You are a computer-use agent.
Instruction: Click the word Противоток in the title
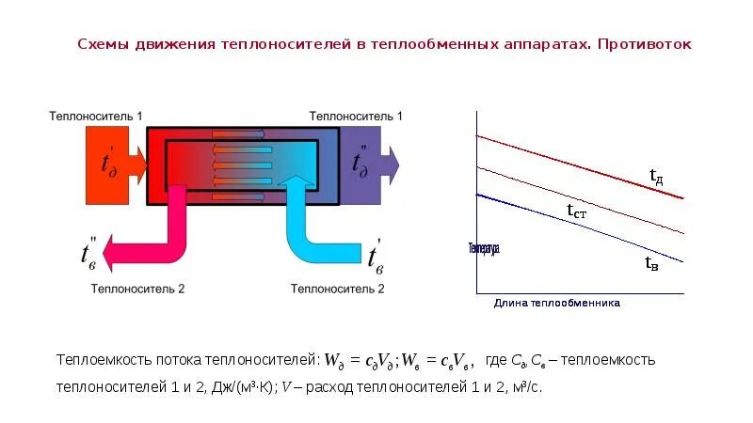tap(645, 44)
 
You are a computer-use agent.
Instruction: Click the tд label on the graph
tap(657, 175)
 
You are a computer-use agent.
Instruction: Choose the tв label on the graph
tap(651, 264)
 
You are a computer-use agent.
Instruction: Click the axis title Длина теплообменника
tap(557, 304)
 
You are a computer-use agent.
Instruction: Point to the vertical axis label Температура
tap(483, 249)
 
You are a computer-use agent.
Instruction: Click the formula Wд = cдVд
tap(361, 360)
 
